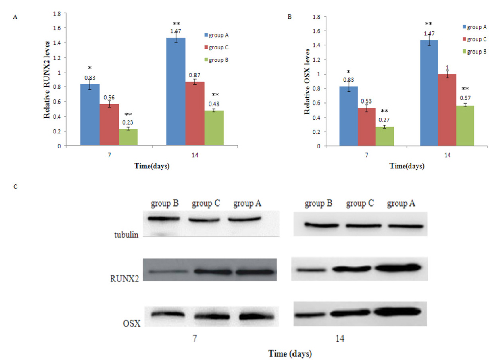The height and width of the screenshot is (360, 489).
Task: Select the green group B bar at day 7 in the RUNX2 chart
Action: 128,137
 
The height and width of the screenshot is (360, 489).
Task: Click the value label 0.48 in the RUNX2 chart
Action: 215,104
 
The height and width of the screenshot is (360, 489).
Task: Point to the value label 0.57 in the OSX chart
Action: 466,98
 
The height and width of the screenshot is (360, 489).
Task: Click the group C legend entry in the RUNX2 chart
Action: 219,47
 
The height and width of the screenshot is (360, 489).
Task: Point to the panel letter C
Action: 17,187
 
